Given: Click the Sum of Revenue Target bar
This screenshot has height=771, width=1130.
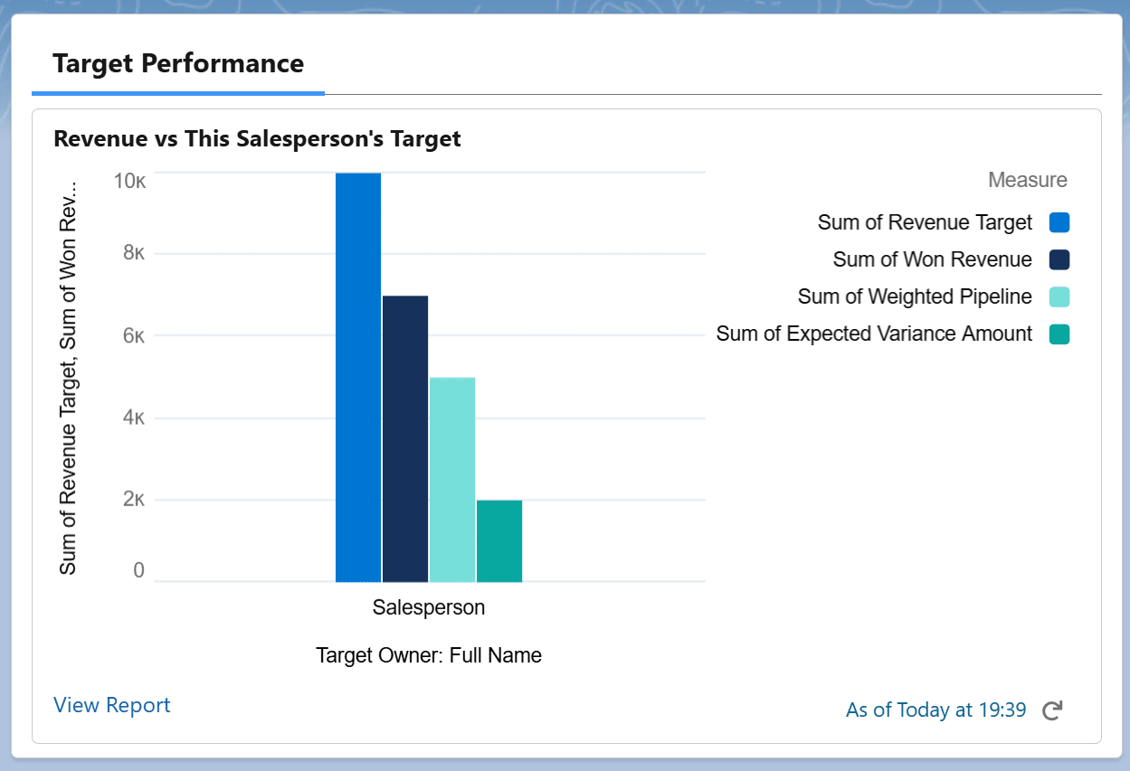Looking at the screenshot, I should pyautogui.click(x=358, y=377).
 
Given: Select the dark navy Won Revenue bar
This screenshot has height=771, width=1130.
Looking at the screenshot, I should pyautogui.click(x=405, y=438).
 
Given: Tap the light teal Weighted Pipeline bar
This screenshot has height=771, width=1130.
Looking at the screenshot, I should pyautogui.click(x=452, y=479).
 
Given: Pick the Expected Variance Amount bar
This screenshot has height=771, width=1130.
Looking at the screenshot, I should pyautogui.click(x=499, y=541).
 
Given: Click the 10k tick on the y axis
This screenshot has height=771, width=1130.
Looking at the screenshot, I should pyautogui.click(x=129, y=181).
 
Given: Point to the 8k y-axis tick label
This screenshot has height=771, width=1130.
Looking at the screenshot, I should pyautogui.click(x=133, y=253).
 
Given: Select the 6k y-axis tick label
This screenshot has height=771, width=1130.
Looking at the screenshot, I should pyautogui.click(x=133, y=335).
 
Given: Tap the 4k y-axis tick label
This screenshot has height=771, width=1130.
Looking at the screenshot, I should pyautogui.click(x=133, y=418).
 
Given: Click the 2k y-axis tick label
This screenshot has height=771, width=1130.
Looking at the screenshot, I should pyautogui.click(x=133, y=499).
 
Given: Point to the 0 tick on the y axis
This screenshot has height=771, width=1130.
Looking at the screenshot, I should pyautogui.click(x=138, y=571).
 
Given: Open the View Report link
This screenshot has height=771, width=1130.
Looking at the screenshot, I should pyautogui.click(x=111, y=705).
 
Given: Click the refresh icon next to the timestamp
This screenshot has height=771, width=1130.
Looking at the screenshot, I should pyautogui.click(x=1051, y=710).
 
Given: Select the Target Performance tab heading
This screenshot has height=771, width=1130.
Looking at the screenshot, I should pyautogui.click(x=178, y=64).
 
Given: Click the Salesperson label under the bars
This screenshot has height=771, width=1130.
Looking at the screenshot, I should pyautogui.click(x=429, y=607).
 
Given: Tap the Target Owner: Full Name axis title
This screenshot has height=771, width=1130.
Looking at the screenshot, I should pyautogui.click(x=429, y=655).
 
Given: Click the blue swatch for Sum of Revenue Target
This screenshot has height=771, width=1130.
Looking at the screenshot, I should pyautogui.click(x=1059, y=222).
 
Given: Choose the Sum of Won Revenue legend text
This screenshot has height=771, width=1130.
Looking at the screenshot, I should pyautogui.click(x=932, y=259).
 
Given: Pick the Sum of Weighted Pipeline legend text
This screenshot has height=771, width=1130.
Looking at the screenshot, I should pyautogui.click(x=915, y=296).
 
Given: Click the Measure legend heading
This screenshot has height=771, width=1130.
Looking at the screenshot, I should pyautogui.click(x=1027, y=180).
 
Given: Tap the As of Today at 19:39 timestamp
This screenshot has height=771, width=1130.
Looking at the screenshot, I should pyautogui.click(x=935, y=710).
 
